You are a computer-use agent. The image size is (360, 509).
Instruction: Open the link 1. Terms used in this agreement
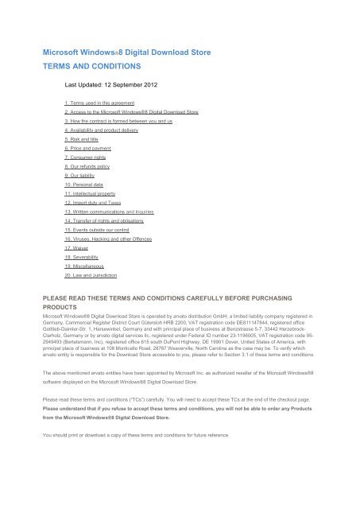pyautogui.click(x=104, y=103)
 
